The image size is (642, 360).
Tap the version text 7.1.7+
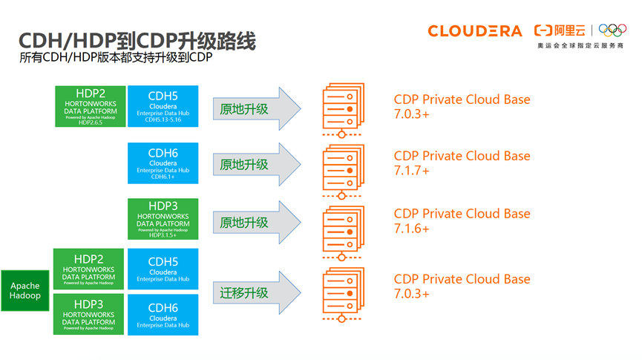coord(411,171)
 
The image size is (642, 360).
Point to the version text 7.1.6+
coord(411,229)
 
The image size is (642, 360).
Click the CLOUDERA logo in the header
coord(475,30)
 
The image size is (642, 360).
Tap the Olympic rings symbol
coord(613,30)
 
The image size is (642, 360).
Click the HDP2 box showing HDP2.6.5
coord(90,105)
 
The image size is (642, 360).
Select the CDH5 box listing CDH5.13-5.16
coord(163,105)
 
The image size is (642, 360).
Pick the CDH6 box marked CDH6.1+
coord(163,163)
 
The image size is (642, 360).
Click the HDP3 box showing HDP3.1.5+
coord(163,219)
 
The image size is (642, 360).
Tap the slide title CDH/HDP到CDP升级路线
coord(138,41)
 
